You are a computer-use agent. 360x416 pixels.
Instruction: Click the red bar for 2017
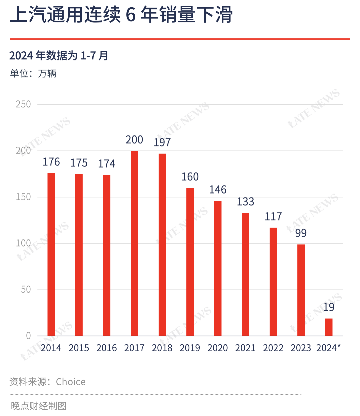(134, 243)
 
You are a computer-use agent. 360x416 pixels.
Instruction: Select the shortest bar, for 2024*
(329, 327)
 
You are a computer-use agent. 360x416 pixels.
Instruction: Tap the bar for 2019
(190, 262)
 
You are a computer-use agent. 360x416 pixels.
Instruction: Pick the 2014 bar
(51, 255)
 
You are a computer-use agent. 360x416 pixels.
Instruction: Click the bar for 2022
(273, 282)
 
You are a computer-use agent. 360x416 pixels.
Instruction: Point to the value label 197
(162, 142)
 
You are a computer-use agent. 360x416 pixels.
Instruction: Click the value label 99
(301, 233)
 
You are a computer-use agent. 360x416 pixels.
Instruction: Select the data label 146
(218, 189)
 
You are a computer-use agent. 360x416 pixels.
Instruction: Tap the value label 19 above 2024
(329, 307)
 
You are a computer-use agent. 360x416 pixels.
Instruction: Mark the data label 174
(107, 163)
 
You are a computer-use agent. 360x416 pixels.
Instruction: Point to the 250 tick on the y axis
(23, 104)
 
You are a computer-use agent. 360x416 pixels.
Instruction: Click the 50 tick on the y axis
(26, 290)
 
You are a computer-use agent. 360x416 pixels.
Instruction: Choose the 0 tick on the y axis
(28, 336)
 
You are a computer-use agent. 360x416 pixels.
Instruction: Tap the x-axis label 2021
(245, 348)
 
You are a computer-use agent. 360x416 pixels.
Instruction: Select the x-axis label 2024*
(328, 348)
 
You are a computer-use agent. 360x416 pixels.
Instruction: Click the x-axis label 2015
(79, 348)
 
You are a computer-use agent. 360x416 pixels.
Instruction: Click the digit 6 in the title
(131, 15)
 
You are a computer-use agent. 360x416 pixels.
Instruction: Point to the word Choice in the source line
(71, 382)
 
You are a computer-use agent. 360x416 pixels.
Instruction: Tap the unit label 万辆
(47, 73)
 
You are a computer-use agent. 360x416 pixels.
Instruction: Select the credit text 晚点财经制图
(39, 406)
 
